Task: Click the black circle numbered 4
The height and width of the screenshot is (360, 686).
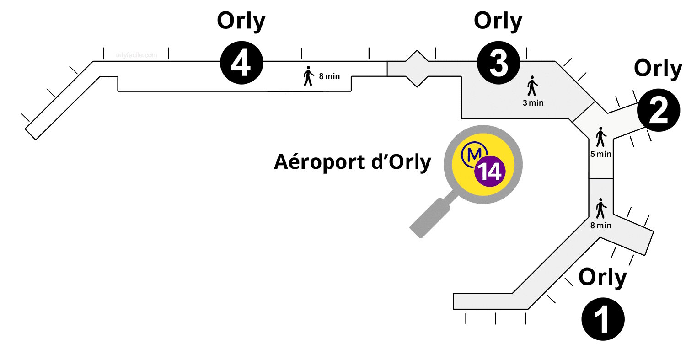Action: click(242, 64)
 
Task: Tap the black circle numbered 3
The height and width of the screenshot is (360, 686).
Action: click(498, 64)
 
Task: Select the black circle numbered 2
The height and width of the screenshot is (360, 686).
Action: click(659, 111)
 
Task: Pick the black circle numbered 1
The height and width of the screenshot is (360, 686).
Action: click(603, 319)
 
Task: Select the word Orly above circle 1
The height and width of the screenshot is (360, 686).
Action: click(603, 277)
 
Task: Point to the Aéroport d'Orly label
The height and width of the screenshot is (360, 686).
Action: click(352, 162)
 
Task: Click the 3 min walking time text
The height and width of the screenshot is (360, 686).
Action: click(533, 103)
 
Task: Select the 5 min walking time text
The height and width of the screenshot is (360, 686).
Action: click(600, 154)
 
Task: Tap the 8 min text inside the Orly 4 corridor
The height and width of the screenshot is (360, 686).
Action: click(329, 76)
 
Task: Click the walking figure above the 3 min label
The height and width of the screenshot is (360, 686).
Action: click(532, 86)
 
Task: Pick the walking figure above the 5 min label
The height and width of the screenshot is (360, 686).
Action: click(600, 137)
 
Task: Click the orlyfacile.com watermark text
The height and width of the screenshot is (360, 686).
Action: click(137, 55)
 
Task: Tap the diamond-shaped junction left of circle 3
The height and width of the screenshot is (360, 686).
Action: click(416, 69)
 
